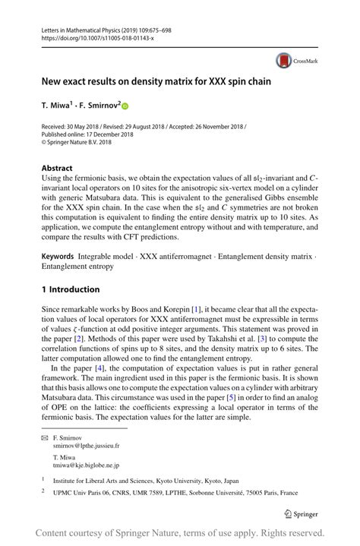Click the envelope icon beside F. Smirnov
click(45, 439)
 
